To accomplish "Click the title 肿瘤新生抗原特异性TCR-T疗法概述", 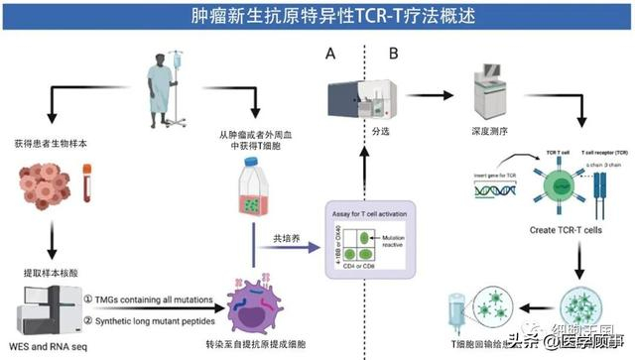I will (x=317, y=17).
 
